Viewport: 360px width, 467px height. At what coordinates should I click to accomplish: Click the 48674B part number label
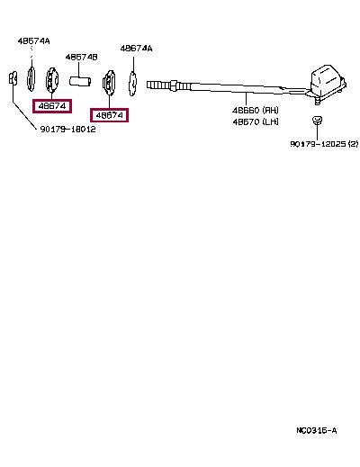tap(81, 57)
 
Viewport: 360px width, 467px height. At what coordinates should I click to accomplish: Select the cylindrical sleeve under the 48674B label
tap(80, 81)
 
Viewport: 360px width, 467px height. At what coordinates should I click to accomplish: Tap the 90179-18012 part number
tap(67, 130)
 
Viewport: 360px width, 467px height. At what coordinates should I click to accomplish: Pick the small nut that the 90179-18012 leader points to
tap(13, 78)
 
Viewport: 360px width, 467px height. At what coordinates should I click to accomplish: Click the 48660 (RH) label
tap(256, 111)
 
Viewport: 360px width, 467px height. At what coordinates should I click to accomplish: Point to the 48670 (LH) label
tap(256, 121)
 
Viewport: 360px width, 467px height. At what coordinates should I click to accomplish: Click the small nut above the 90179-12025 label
tap(317, 121)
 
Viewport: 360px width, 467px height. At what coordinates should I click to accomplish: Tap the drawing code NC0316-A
tap(317, 431)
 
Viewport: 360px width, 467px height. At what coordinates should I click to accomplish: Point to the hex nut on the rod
tap(174, 85)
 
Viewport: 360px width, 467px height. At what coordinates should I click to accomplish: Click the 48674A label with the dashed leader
tap(33, 41)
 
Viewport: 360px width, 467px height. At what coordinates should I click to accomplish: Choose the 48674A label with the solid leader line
tap(136, 49)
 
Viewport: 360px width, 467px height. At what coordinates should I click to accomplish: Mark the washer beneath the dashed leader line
tap(31, 79)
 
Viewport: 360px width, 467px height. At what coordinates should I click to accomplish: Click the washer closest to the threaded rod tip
tap(132, 84)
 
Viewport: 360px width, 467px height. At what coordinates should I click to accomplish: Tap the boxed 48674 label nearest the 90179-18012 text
tap(52, 106)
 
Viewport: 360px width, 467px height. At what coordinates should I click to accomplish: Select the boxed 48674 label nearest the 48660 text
tap(110, 115)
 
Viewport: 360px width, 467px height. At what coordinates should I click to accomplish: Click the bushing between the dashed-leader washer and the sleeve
tap(52, 80)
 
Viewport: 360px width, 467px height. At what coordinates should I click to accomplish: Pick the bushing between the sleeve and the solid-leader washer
tap(109, 84)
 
